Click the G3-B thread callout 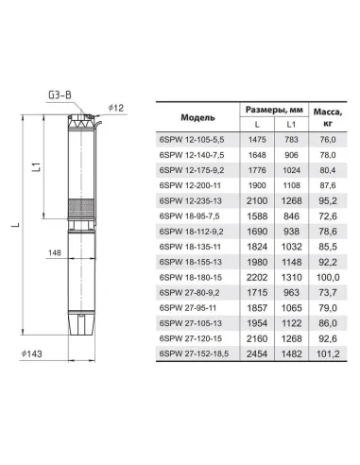click(60, 95)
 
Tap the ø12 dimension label click(116, 108)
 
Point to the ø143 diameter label click(31, 353)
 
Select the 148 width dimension click(55, 252)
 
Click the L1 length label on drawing click(37, 167)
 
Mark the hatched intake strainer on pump click(81, 207)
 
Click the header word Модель click(197, 117)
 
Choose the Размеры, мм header click(274, 110)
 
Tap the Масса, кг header click(328, 117)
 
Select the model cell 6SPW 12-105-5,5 click(192, 140)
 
